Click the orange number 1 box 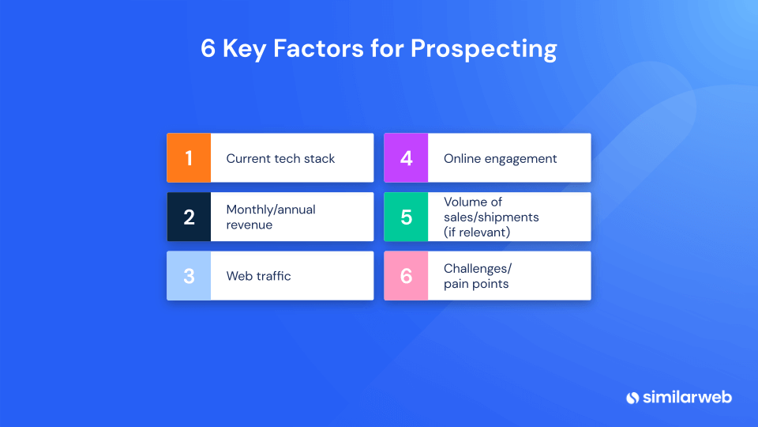189,158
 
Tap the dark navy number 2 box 189,217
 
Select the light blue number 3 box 189,276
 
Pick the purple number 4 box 406,158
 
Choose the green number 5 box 406,217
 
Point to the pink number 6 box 406,276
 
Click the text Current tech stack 280,159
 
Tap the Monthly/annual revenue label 271,217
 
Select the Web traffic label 258,276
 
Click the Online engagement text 500,159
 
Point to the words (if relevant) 476,232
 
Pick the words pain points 476,284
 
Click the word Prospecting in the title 483,49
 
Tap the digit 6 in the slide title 208,48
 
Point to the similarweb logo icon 632,397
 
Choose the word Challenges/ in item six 478,269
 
